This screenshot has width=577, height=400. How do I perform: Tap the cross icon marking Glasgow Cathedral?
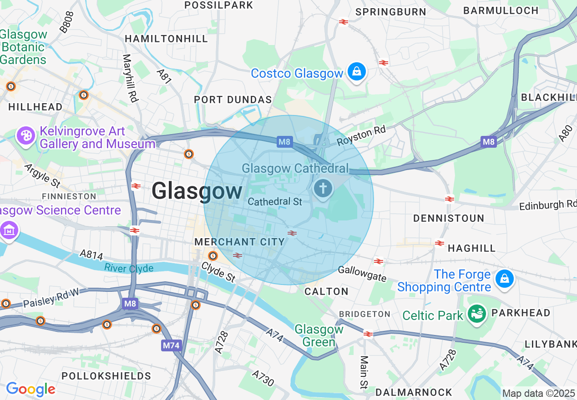coord(323,188)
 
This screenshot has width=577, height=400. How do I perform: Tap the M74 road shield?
coord(171,345)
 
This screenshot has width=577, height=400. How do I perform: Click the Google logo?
coord(30,389)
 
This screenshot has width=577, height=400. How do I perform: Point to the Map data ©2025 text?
coord(538,393)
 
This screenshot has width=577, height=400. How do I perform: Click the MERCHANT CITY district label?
coord(239,242)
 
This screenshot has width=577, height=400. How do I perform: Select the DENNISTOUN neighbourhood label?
coord(449,218)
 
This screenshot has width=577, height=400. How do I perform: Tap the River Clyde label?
coord(129,268)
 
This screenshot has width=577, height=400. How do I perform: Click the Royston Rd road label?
coord(361,136)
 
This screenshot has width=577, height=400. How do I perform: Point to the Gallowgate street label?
coord(362,274)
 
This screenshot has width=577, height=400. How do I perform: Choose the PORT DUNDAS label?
coord(233,100)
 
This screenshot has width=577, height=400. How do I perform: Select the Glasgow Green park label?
coord(319,335)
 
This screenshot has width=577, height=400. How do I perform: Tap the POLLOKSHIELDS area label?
coord(106,376)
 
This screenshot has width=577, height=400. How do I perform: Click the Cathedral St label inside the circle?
coord(275,201)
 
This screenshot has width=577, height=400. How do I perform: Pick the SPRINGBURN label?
coord(390,12)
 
